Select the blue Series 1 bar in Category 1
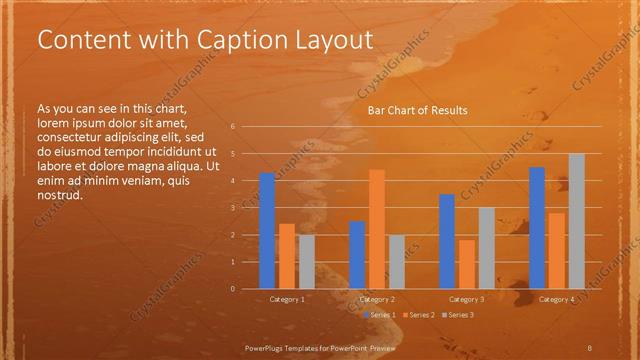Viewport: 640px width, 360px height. pyautogui.click(x=267, y=231)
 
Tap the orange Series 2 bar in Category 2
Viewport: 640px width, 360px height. pyautogui.click(x=377, y=229)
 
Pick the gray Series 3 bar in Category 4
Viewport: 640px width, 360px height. pyautogui.click(x=576, y=221)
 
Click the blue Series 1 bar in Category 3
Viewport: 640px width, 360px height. pyautogui.click(x=447, y=241)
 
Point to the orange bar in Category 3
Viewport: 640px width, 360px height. pyautogui.click(x=466, y=264)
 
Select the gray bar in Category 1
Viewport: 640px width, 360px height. pyautogui.click(x=306, y=262)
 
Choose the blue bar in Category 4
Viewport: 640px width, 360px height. pyautogui.click(x=537, y=228)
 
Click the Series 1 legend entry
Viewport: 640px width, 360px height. pyautogui.click(x=381, y=315)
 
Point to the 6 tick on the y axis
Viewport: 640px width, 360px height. pyautogui.click(x=232, y=127)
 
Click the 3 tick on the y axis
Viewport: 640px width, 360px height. pyautogui.click(x=232, y=208)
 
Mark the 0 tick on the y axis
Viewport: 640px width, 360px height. pyautogui.click(x=232, y=289)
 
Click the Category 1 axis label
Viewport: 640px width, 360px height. pyautogui.click(x=287, y=299)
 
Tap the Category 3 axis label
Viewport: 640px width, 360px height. pyautogui.click(x=467, y=299)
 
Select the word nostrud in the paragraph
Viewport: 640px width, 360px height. pyautogui.click(x=59, y=195)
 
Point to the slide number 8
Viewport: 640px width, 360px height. pyautogui.click(x=590, y=345)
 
